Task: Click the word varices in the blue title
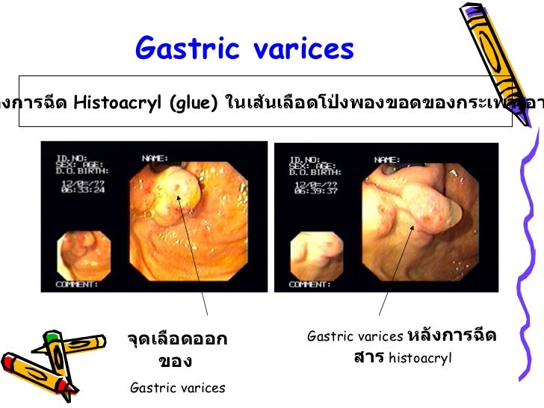303,49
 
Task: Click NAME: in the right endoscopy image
387,158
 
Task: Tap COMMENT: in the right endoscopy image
309,284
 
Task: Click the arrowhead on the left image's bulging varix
179,197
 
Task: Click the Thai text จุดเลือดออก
177,341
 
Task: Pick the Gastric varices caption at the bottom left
177,387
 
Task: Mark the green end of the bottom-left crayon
51,338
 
